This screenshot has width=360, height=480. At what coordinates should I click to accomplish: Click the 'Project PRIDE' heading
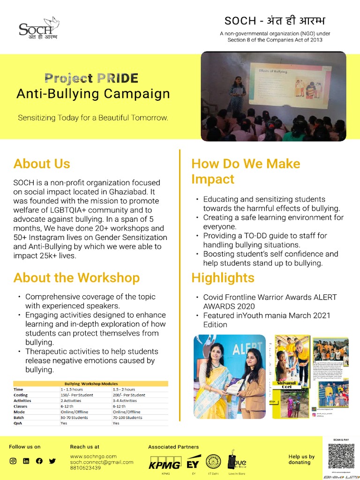click(x=91, y=78)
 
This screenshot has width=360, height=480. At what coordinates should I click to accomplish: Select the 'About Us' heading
click(x=42, y=164)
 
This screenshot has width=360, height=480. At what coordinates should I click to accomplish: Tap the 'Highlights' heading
click(x=223, y=277)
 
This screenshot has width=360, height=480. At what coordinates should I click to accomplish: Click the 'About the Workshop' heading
click(x=76, y=277)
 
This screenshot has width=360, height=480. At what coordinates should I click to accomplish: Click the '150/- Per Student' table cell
click(x=77, y=395)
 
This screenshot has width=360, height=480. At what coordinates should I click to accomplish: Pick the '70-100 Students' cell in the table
click(x=128, y=417)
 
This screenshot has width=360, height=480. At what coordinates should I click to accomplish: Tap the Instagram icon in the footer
click(x=13, y=461)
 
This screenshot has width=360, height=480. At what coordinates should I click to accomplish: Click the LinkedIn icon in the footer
click(x=26, y=461)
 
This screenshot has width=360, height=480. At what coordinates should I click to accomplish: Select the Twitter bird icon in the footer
click(x=52, y=461)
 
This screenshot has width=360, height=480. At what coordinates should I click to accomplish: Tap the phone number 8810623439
click(x=86, y=468)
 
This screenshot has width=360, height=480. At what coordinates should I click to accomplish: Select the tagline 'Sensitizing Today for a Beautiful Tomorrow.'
click(x=93, y=118)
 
